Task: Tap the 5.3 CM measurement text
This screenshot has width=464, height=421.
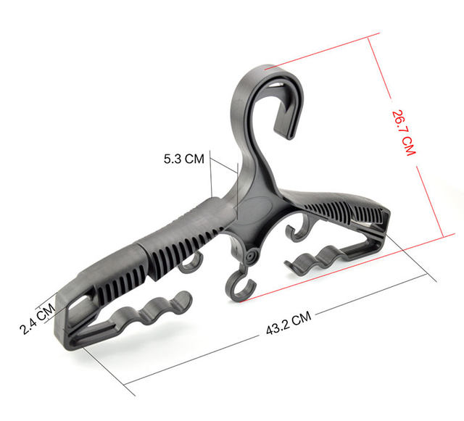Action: pos(183,158)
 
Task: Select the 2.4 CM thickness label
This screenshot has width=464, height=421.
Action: pos(36,317)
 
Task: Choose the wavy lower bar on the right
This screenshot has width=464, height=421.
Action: pos(319,259)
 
